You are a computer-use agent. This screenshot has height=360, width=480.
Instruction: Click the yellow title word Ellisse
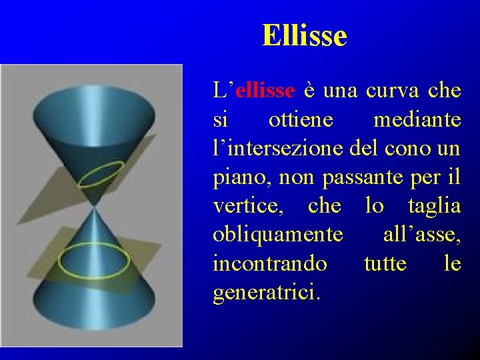pyautogui.click(x=305, y=35)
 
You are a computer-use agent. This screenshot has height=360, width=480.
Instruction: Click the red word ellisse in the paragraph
pyautogui.click(x=265, y=91)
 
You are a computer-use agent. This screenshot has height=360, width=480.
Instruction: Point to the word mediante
pyautogui.click(x=417, y=120)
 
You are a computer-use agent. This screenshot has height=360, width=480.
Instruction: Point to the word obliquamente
pyautogui.click(x=278, y=235)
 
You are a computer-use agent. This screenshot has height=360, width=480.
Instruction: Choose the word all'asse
pyautogui.click(x=421, y=235)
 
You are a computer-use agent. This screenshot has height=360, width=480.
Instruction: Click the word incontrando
pyautogui.click(x=270, y=264)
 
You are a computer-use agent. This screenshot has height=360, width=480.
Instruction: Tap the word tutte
pyautogui.click(x=385, y=264)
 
